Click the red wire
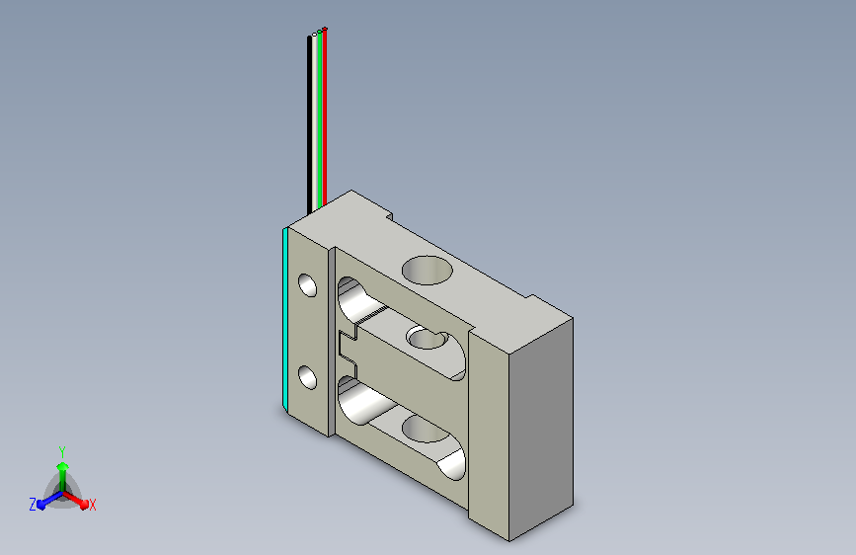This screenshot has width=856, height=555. [x=325, y=118]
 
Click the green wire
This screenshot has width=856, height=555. [x=320, y=120]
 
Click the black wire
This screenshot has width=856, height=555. [x=310, y=124]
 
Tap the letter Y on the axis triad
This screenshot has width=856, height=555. [x=62, y=452]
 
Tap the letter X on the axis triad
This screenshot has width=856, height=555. [x=92, y=505]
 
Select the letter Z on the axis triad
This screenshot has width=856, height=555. [x=33, y=505]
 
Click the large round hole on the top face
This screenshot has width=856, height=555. [x=428, y=270]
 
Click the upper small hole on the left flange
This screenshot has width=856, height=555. [x=308, y=285]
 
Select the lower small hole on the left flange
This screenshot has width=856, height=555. [x=308, y=377]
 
